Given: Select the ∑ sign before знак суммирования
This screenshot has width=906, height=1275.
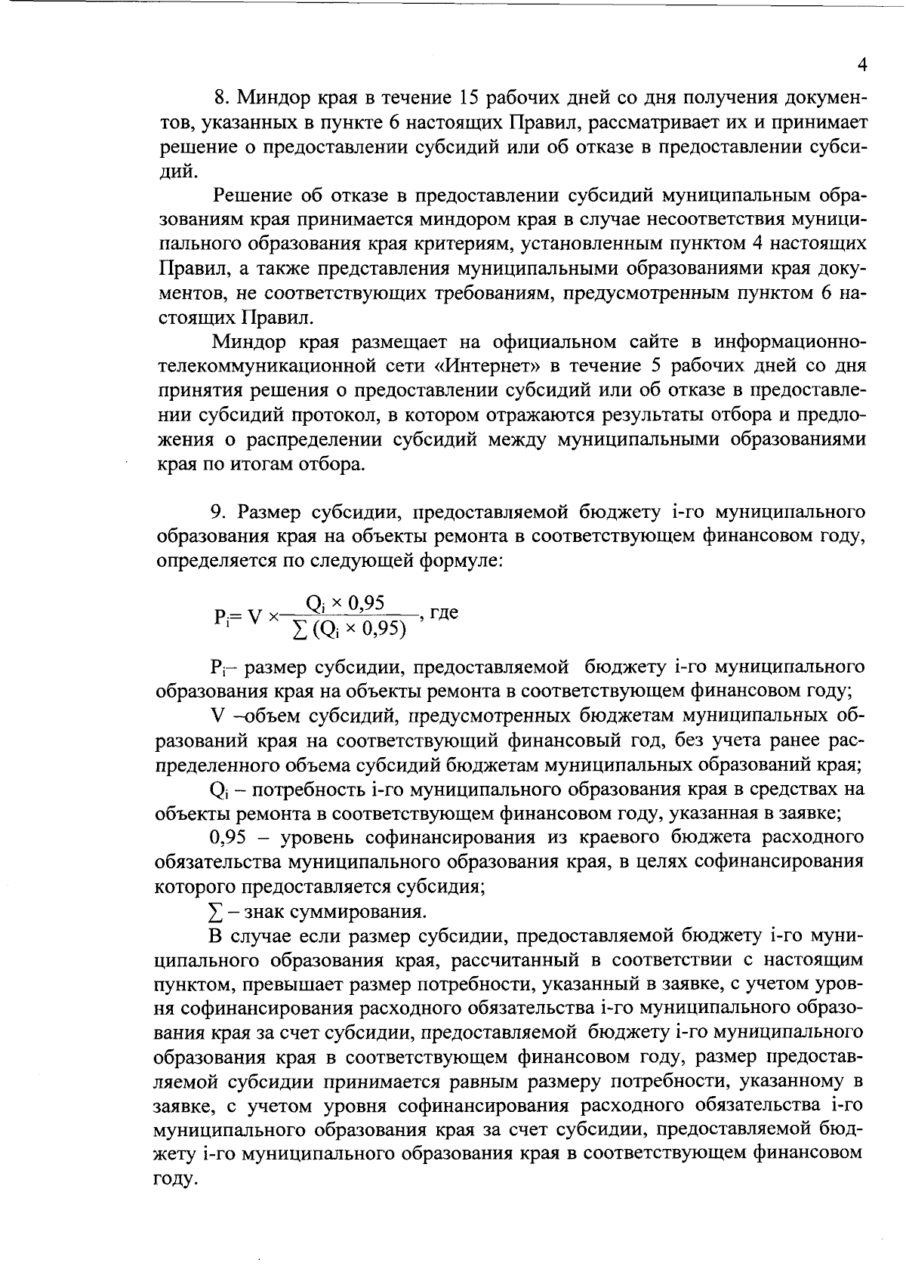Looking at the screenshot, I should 214,912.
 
